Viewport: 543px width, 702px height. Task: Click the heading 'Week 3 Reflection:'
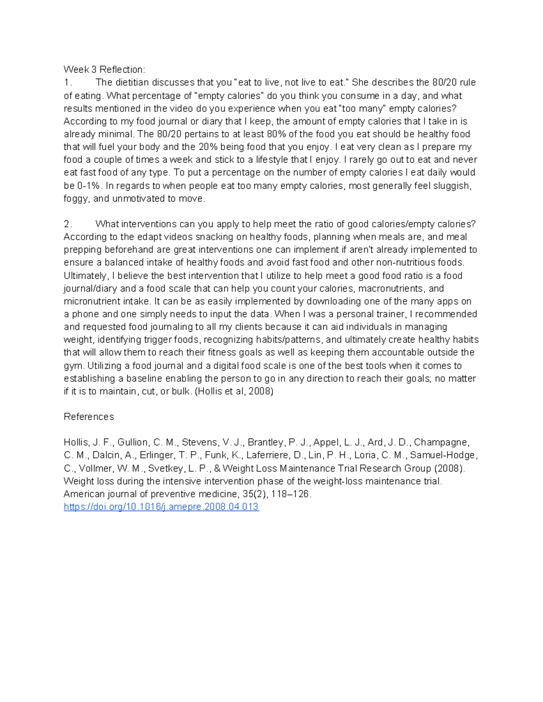[x=104, y=70]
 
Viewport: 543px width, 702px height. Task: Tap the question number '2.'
[x=68, y=224]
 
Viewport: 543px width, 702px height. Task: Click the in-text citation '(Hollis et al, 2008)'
[x=234, y=391]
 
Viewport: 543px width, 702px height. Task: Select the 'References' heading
[x=89, y=417]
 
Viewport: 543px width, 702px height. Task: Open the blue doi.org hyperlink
[x=161, y=507]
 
